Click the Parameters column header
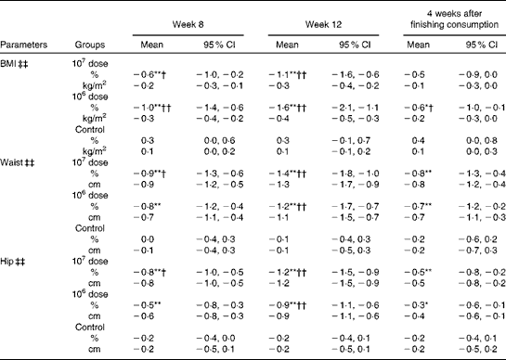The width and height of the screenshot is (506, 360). click(27, 43)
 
